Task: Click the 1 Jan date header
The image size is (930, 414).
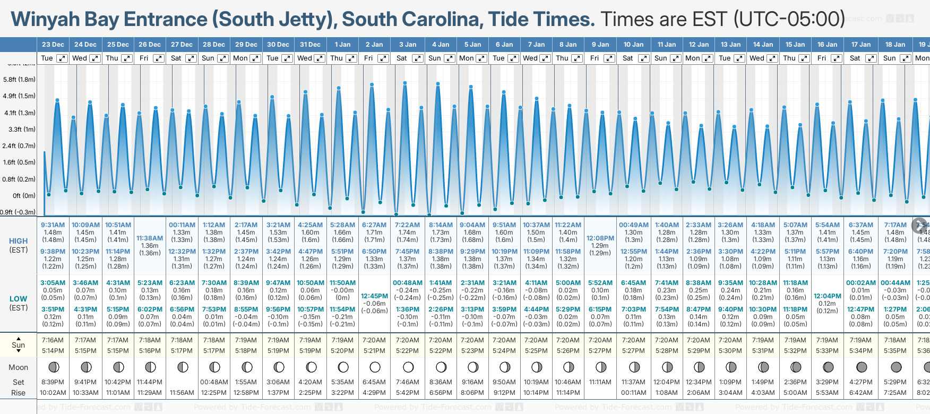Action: pos(342,45)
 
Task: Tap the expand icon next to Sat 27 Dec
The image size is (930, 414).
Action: pos(191,58)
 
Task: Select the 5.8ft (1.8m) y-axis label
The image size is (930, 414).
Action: pos(19,80)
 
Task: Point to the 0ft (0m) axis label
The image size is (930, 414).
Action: pos(24,196)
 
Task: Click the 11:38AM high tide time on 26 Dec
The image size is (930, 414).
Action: pos(150,238)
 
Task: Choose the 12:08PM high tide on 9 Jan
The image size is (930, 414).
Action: pos(600,238)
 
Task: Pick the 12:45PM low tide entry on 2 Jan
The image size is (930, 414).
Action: pos(374,296)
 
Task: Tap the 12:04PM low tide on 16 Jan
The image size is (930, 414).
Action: pos(828,296)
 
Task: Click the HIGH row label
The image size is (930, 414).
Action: pos(18,241)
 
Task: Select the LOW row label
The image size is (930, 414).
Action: pos(18,299)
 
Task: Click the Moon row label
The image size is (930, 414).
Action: pos(18,367)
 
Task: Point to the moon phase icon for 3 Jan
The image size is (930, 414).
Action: pos(408,367)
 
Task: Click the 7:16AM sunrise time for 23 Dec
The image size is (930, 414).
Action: pos(53,340)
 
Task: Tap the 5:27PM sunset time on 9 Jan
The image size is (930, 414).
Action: pos(600,351)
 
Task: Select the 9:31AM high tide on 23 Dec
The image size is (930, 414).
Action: pos(53,225)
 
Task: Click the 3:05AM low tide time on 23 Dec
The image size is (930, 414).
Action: pos(53,283)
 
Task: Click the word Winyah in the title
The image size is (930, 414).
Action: pos(45,20)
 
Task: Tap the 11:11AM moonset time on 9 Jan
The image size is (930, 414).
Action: pos(600,382)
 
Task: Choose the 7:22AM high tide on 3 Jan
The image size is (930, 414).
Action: pos(407,225)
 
